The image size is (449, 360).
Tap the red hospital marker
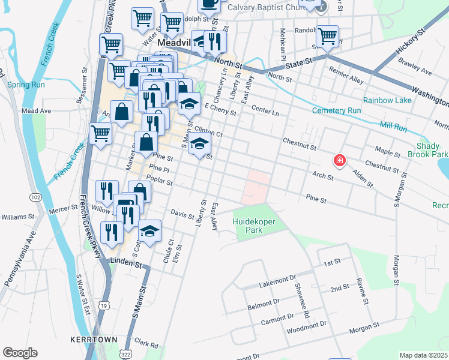point(340,160)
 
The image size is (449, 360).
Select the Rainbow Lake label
point(387,100)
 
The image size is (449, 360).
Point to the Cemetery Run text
point(336,111)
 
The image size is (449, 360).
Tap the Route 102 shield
point(35,197)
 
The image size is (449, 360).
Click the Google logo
point(20,353)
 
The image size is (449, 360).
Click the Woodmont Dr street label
point(306,325)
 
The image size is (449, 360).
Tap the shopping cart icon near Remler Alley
point(327,37)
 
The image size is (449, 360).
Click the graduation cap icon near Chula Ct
point(149,230)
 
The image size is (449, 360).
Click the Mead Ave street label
point(36,111)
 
